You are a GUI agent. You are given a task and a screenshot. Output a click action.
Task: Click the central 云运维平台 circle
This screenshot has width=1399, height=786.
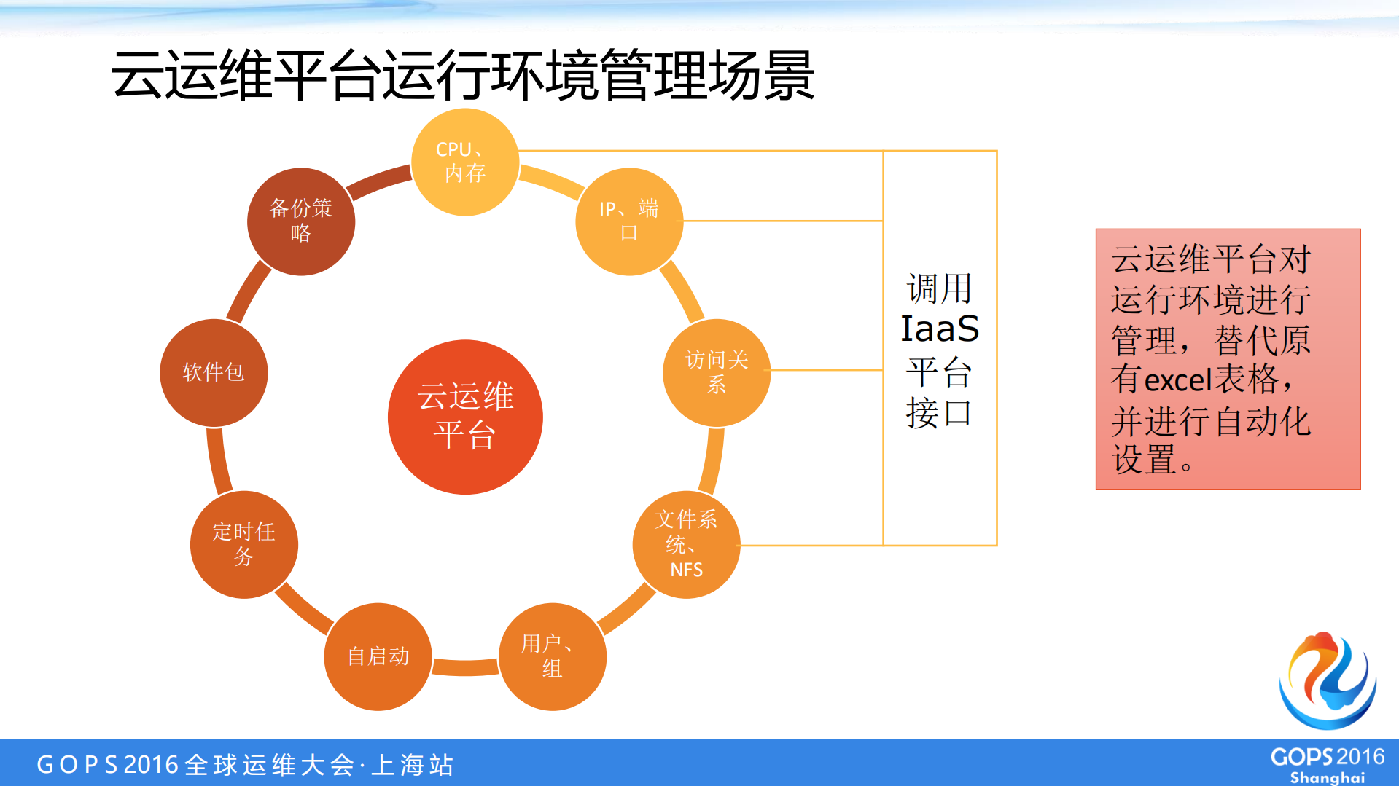click(465, 417)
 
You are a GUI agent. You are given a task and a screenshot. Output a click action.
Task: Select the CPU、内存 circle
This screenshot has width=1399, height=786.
click(465, 162)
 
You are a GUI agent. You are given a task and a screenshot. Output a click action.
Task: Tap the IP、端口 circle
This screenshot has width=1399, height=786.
click(629, 221)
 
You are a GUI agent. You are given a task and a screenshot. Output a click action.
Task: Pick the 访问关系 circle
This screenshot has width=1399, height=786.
click(717, 372)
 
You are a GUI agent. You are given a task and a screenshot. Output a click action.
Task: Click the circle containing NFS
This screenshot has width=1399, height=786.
click(686, 544)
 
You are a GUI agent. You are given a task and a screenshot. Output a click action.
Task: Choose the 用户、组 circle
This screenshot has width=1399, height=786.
click(552, 656)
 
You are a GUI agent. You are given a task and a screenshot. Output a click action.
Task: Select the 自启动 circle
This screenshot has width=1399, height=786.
click(378, 656)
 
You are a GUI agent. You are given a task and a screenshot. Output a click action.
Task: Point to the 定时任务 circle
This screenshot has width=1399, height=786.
click(243, 544)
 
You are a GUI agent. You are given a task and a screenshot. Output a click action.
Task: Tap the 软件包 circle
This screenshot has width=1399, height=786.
click(214, 372)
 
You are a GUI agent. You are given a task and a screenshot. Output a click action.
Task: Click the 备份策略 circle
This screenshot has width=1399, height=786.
click(300, 221)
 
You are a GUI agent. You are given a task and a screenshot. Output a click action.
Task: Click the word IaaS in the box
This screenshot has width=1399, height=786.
click(939, 329)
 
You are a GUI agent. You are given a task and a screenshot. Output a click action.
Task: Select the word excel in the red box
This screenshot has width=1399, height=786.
click(1177, 381)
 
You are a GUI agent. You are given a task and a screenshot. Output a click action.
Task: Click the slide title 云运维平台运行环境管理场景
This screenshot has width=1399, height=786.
click(462, 75)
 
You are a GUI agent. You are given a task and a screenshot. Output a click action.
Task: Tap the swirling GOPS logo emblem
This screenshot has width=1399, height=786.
click(1327, 680)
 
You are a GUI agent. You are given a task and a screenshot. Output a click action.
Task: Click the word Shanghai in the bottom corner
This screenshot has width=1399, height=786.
click(1327, 777)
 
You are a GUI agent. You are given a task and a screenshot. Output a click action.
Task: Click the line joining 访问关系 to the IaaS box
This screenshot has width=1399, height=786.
click(827, 370)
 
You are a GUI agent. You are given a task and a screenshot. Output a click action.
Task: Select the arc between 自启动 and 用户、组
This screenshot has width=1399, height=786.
click(465, 667)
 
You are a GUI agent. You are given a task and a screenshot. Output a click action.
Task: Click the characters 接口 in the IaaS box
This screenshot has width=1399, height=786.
click(939, 413)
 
